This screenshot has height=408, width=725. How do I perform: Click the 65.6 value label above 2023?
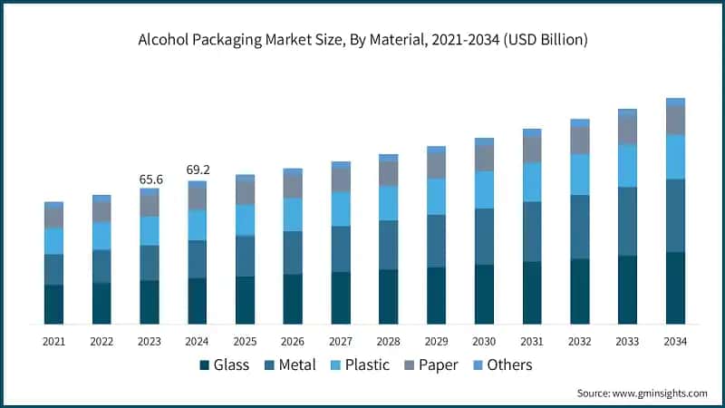150,180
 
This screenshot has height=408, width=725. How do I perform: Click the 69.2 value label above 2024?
198,170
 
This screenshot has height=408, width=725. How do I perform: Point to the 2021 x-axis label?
54,341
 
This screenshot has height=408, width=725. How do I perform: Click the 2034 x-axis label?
675,341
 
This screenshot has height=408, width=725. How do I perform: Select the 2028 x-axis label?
388,341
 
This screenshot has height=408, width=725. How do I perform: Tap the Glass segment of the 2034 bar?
675,288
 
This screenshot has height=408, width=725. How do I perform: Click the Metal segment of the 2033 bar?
627,221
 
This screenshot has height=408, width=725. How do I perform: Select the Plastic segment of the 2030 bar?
484,189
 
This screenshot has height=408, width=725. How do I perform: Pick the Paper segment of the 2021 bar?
54,218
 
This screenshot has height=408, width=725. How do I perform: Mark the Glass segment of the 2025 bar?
245,300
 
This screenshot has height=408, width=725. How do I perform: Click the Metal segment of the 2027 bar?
341,248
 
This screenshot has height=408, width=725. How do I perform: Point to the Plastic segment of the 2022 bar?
101,236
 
